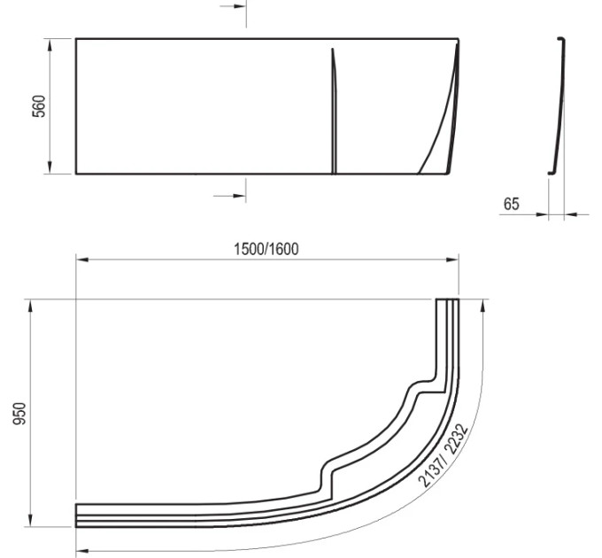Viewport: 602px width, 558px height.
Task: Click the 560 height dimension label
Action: tap(39, 106)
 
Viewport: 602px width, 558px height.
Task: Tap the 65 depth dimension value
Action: tap(511, 204)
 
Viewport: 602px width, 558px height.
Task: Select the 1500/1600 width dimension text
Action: tap(266, 249)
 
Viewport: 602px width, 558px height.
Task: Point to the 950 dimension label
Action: tap(19, 414)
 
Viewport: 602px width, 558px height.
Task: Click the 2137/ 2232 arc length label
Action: tap(443, 455)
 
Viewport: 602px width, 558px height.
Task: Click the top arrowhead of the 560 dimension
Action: tap(50, 44)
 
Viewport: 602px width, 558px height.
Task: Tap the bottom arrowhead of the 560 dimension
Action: tap(50, 167)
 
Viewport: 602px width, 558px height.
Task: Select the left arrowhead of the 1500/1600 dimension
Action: tap(82, 260)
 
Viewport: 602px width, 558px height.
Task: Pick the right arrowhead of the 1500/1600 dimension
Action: tap(452, 260)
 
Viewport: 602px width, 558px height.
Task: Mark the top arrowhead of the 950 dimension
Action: tap(30, 306)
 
